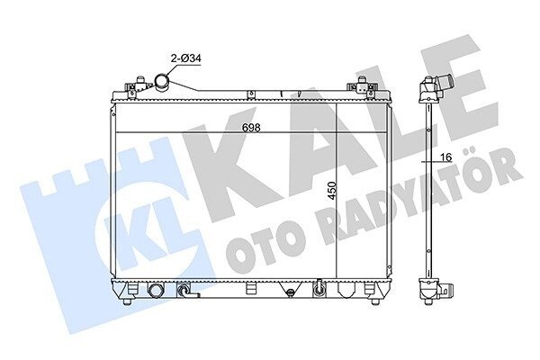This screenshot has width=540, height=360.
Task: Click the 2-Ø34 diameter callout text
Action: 186,58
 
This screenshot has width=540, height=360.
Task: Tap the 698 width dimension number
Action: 251,128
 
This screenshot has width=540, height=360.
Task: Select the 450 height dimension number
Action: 331,191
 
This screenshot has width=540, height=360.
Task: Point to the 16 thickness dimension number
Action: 446,157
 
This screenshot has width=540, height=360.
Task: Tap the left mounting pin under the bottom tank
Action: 128,301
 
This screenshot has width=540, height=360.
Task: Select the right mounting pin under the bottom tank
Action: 375,301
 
